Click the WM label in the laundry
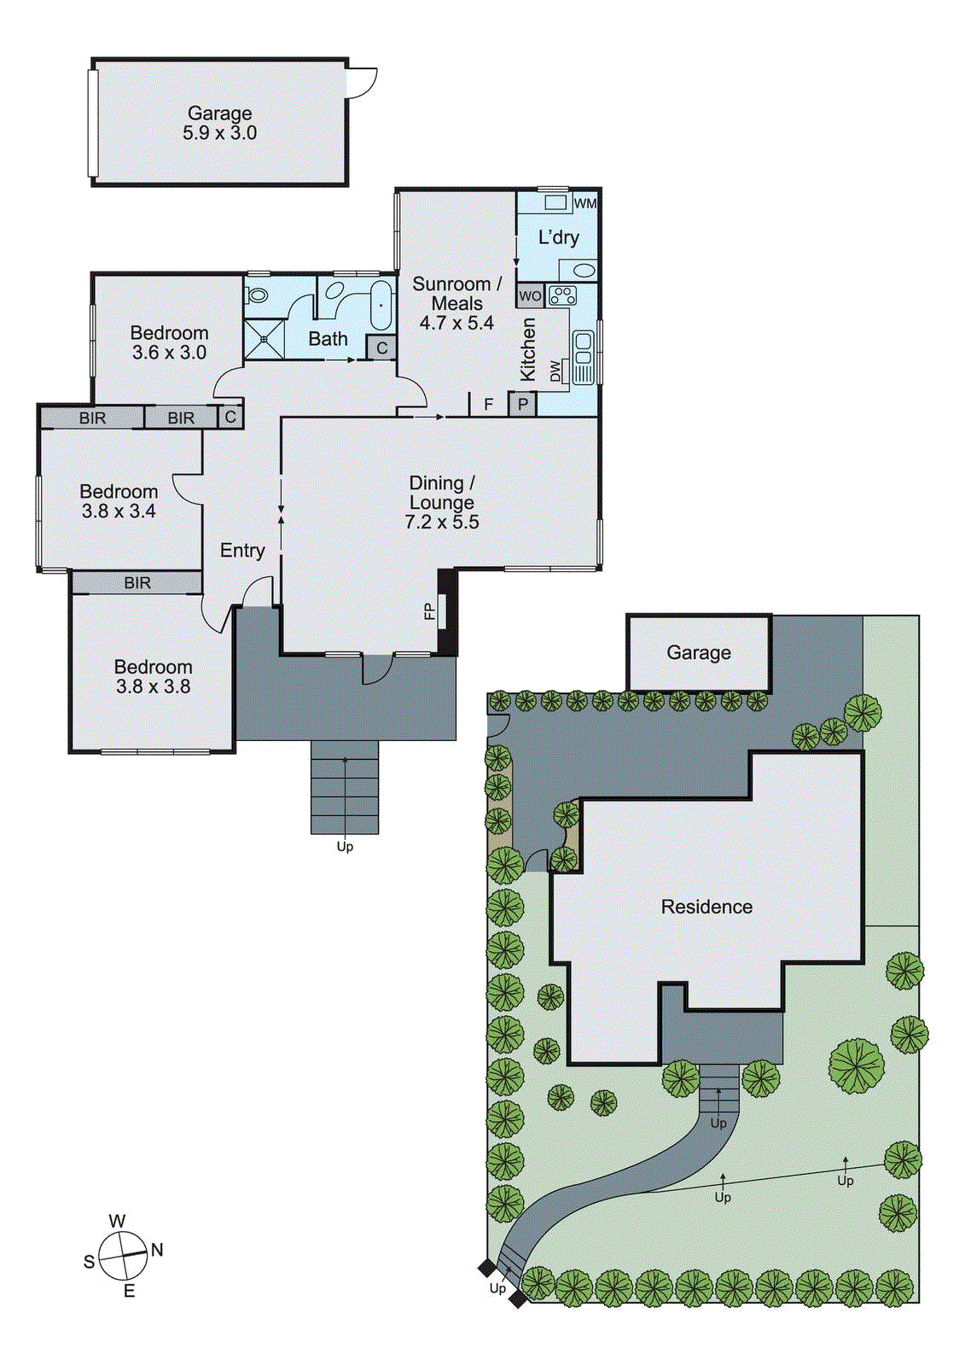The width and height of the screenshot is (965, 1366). (585, 203)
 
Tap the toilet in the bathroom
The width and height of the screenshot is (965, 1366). (257, 295)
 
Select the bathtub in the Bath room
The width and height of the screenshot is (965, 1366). (381, 305)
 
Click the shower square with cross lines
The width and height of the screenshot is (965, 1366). (265, 339)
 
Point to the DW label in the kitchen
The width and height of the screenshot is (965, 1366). (556, 371)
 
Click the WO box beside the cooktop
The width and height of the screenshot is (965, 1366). (530, 296)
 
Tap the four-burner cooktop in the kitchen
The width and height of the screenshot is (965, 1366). (562, 296)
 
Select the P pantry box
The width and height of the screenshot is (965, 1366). (522, 404)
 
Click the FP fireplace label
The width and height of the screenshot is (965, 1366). (430, 611)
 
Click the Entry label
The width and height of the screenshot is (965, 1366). (242, 551)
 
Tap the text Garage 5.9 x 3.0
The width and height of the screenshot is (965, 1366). (219, 123)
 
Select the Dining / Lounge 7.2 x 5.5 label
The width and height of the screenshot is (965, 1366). (441, 503)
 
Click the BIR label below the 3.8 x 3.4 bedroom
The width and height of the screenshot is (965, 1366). (137, 583)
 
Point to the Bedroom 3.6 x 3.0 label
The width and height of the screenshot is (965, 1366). (169, 342)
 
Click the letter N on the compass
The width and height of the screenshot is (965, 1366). (157, 1250)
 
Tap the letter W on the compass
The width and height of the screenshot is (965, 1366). (117, 1222)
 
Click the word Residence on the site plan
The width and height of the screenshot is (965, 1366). (706, 907)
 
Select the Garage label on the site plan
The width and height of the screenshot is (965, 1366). (698, 653)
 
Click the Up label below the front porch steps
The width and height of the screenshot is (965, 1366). (345, 847)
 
